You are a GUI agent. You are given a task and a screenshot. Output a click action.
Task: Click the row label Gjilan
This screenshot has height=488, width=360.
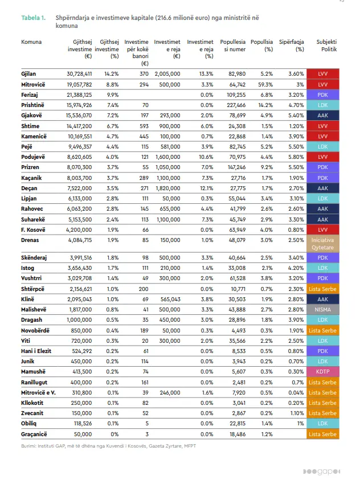point(30,74)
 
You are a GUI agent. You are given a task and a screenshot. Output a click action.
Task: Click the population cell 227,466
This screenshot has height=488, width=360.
point(235,105)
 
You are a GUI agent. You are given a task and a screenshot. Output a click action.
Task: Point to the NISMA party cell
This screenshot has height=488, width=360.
point(322,309)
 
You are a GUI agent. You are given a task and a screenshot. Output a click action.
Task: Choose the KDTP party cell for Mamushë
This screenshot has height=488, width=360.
point(322,371)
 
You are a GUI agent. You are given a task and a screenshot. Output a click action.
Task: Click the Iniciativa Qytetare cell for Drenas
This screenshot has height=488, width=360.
point(322,244)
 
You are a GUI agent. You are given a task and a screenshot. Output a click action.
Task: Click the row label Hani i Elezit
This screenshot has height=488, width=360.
point(36,350)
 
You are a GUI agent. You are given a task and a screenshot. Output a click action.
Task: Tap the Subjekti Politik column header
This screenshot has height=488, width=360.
point(326,46)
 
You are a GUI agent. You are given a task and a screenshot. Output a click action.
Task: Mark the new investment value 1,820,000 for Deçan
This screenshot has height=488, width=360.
point(167,187)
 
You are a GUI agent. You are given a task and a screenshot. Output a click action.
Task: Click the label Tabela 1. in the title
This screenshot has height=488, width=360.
point(34,18)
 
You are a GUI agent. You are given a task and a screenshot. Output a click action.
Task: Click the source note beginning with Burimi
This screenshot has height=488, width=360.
point(108,445)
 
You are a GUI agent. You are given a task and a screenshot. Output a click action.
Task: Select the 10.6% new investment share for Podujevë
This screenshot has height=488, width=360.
point(206,156)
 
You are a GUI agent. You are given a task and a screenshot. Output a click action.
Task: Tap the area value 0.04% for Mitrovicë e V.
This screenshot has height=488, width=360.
point(296,392)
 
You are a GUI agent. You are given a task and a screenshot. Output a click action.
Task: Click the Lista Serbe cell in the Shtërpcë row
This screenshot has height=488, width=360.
point(322,289)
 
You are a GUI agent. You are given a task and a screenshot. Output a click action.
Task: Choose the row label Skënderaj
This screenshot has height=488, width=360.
point(34,258)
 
